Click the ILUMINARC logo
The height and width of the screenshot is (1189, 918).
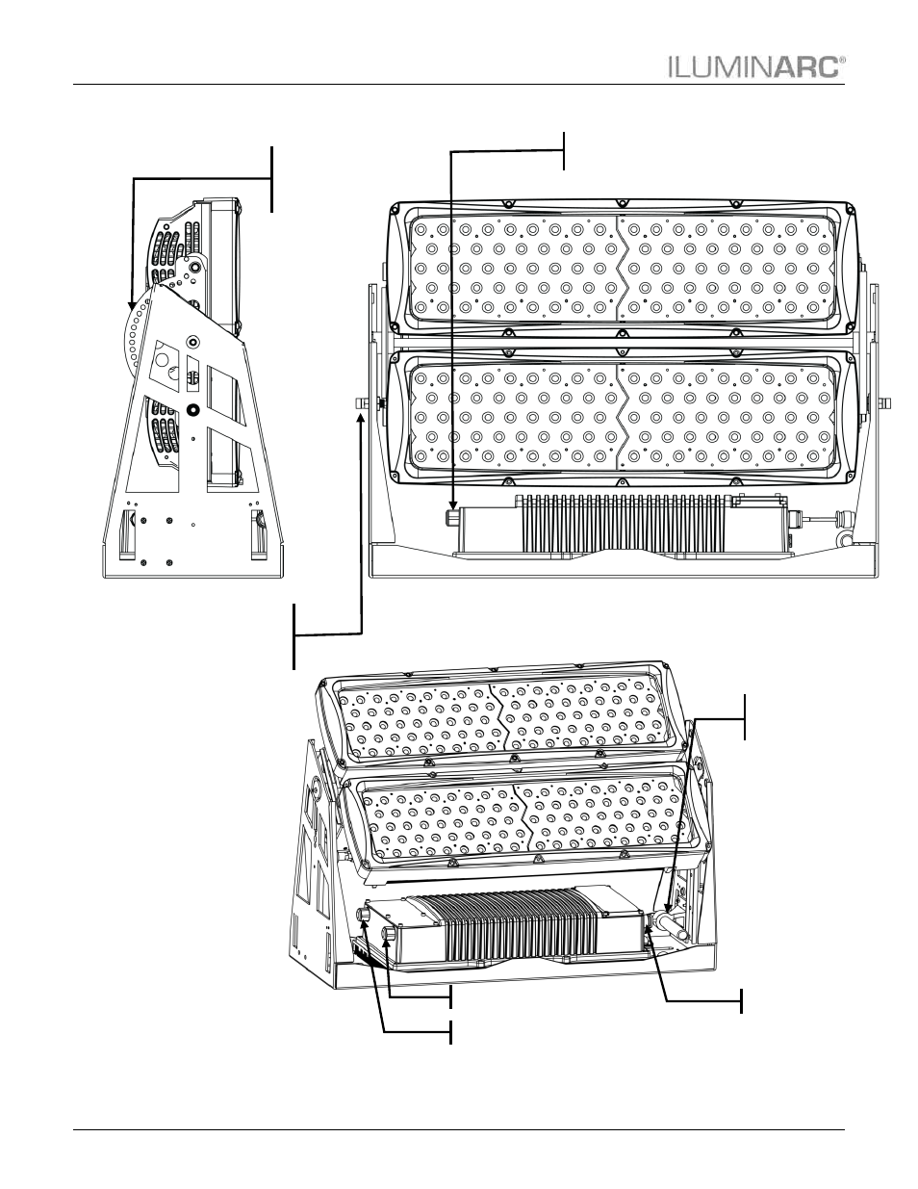pyautogui.click(x=756, y=66)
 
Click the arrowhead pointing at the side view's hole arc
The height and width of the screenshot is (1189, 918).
pyautogui.click(x=131, y=305)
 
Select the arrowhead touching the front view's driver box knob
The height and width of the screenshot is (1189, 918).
pyautogui.click(x=452, y=504)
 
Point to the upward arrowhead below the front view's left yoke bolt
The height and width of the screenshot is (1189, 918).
pyautogui.click(x=361, y=419)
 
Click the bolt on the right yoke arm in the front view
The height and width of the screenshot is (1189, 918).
pyautogui.click(x=884, y=403)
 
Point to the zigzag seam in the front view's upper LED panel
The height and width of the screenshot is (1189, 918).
pyautogui.click(x=621, y=268)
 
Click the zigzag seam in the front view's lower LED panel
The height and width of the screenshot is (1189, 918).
pyautogui.click(x=621, y=417)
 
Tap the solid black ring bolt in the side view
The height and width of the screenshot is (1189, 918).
pyautogui.click(x=191, y=409)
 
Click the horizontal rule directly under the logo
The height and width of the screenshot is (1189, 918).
pyautogui.click(x=459, y=85)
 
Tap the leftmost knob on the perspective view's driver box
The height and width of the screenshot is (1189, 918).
pyautogui.click(x=363, y=915)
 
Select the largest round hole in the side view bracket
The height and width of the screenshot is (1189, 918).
pyautogui.click(x=163, y=359)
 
